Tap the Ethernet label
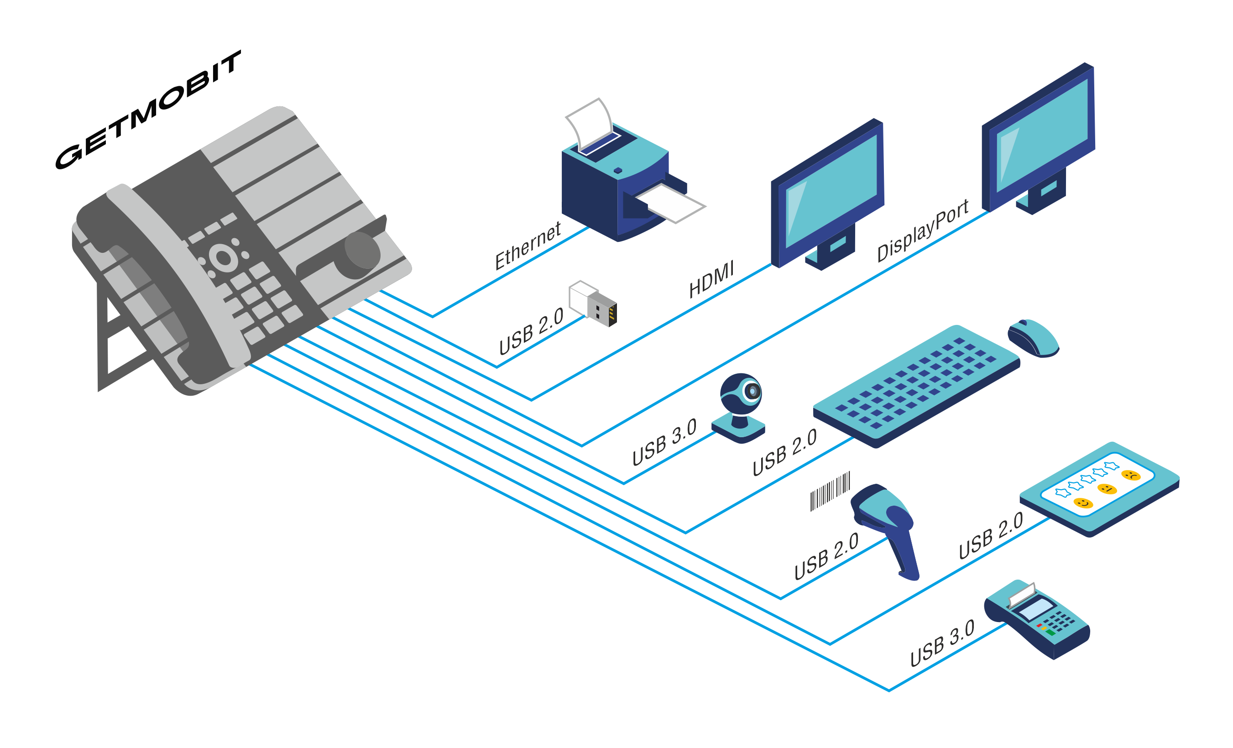pyautogui.click(x=528, y=246)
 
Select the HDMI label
pyautogui.click(x=711, y=280)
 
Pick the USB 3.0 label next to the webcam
pyautogui.click(x=664, y=442)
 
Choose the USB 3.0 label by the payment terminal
pyautogui.click(x=942, y=643)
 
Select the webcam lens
pyautogui.click(x=752, y=391)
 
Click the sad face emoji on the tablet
pyautogui.click(x=1131, y=475)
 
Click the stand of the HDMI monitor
pyautogui.click(x=831, y=249)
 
